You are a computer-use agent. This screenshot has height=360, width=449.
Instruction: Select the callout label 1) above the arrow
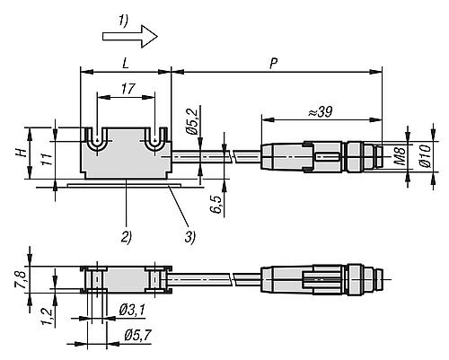tap(123, 21)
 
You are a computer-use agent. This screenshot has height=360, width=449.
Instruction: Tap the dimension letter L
tap(126, 64)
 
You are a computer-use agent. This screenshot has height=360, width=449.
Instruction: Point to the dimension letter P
tap(273, 64)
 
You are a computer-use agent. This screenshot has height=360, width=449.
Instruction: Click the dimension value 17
tap(128, 89)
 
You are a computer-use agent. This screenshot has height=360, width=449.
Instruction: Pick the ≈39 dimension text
tap(321, 112)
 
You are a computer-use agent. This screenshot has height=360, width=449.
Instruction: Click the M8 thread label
tap(400, 155)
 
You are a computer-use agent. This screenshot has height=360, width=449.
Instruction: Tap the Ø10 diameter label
tap(425, 155)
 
